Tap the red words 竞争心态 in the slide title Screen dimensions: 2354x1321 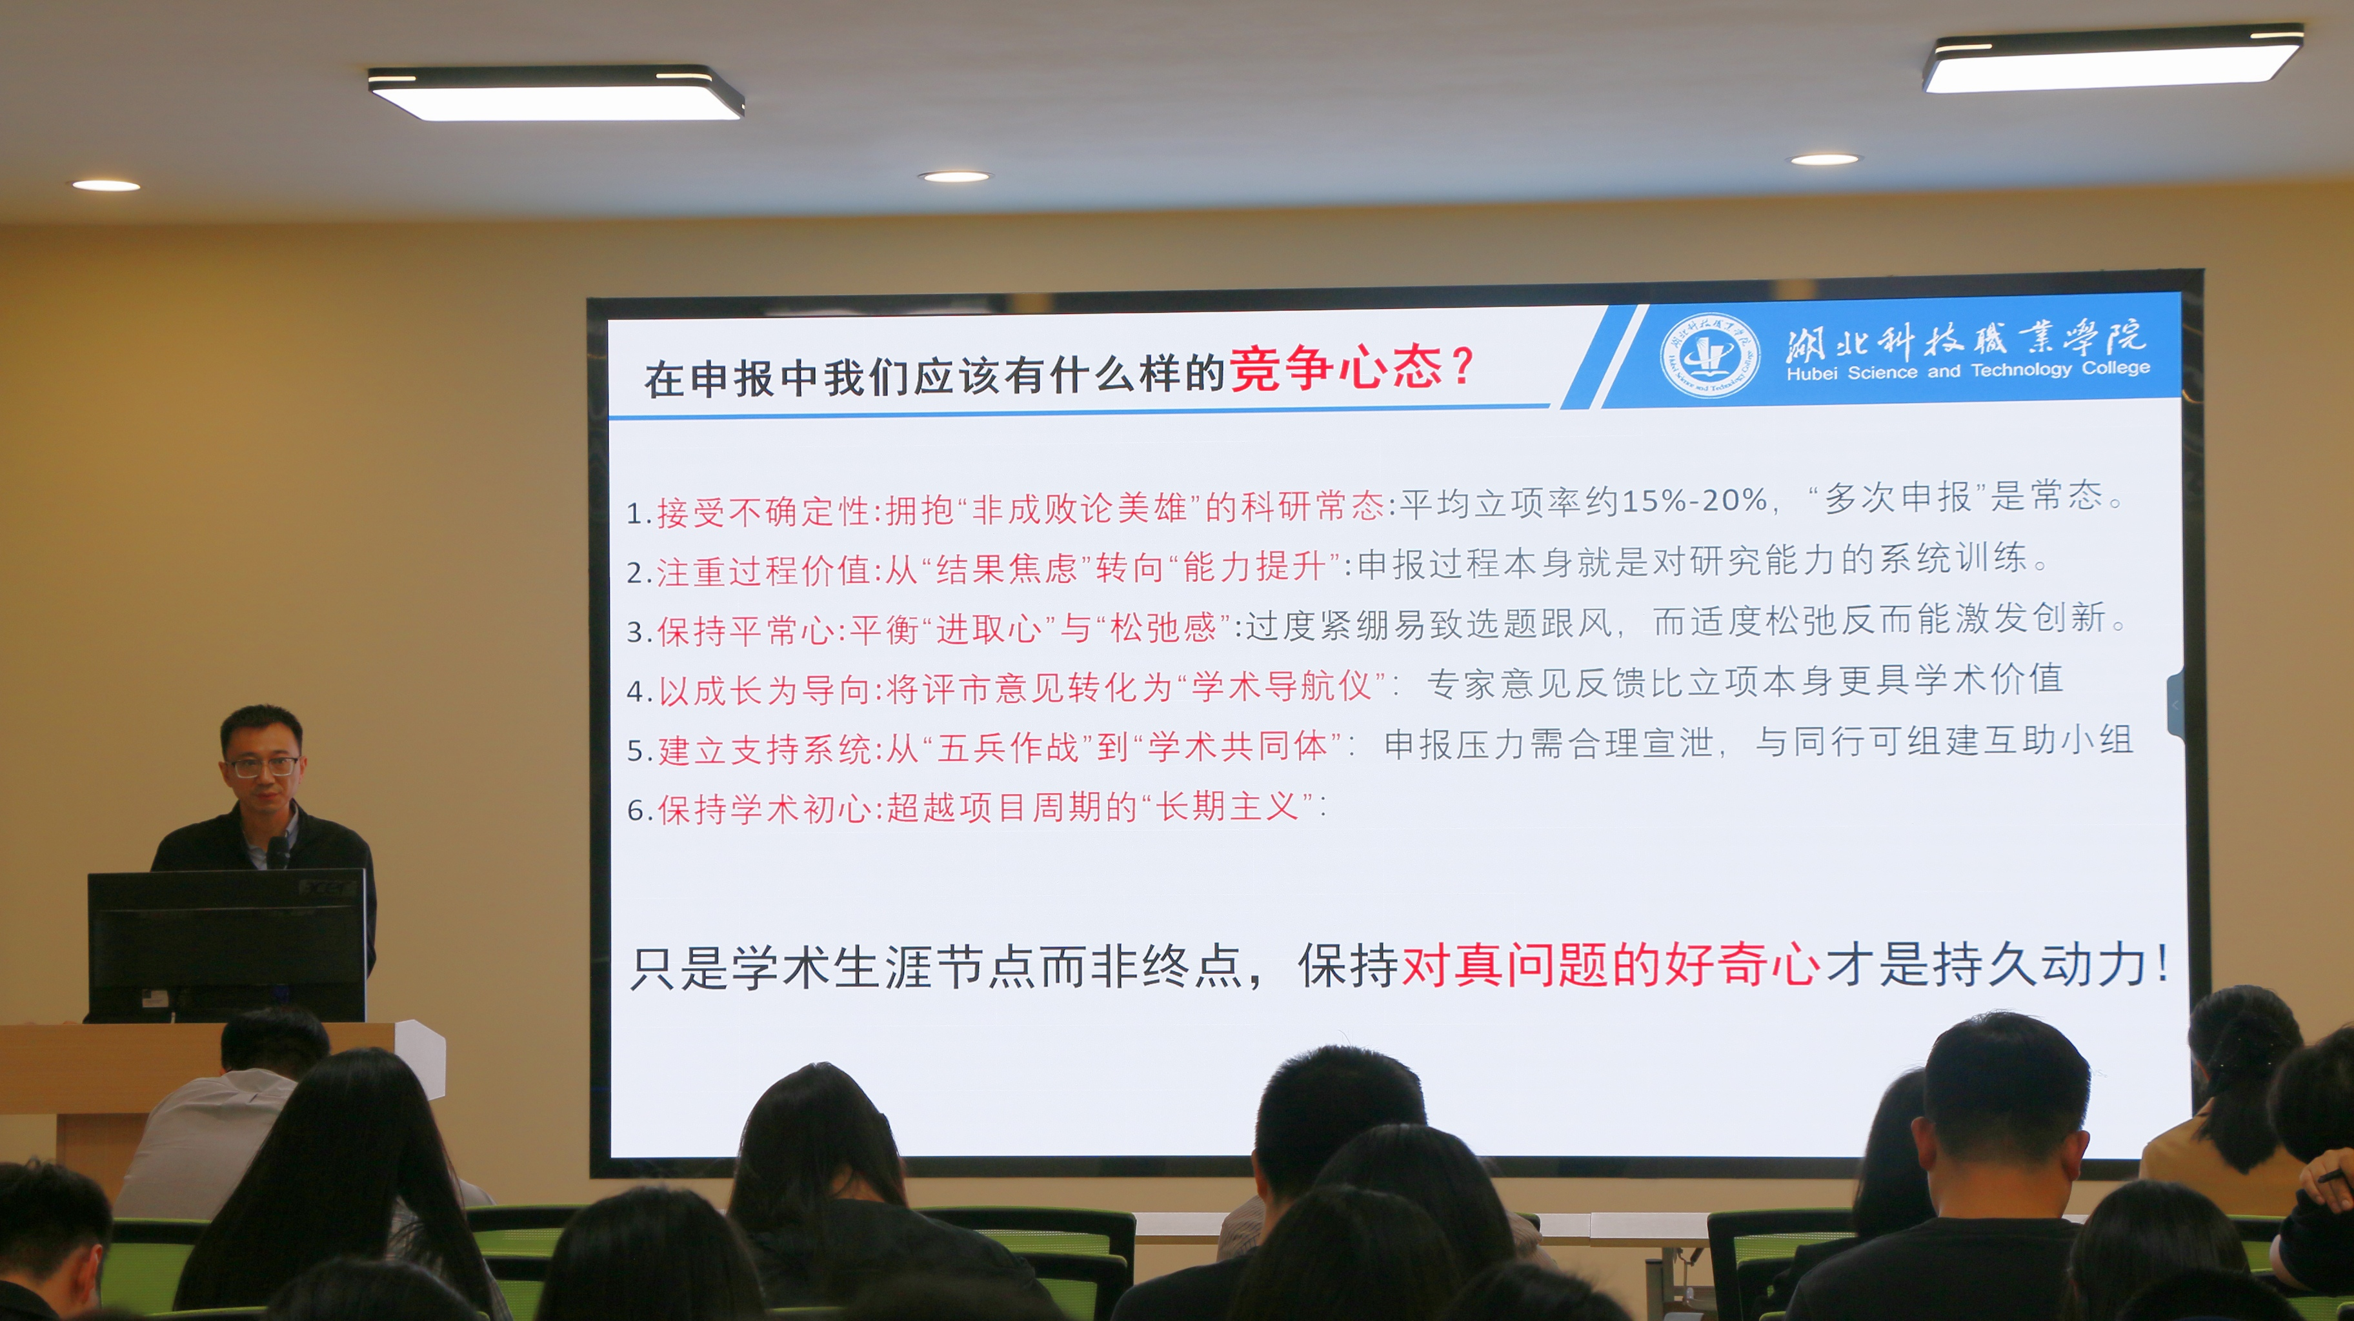tap(1336, 368)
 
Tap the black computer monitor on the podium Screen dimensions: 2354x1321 tap(226, 946)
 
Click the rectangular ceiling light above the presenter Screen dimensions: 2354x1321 tap(556, 92)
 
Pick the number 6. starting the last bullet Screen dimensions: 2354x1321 tap(639, 809)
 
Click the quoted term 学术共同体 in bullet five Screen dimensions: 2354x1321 tap(1238, 746)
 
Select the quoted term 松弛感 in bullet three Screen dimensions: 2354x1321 tap(1163, 628)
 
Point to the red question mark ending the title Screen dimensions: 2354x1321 tap(1462, 367)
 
